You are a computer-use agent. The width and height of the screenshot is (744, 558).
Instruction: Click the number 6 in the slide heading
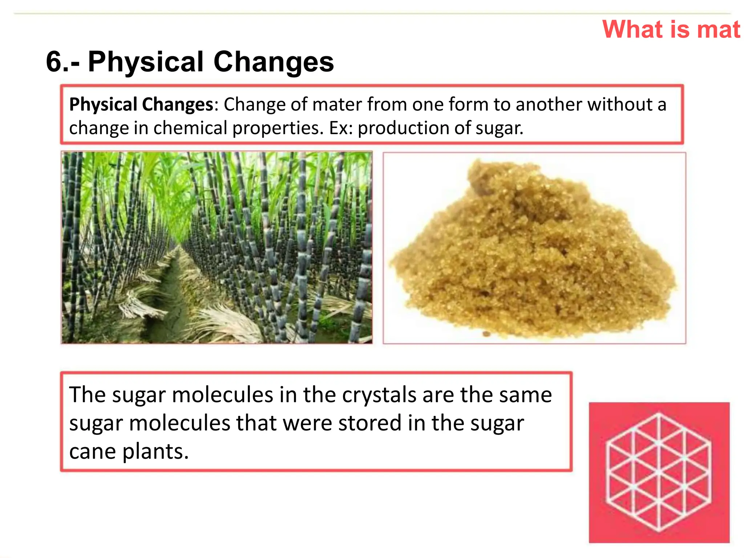point(54,62)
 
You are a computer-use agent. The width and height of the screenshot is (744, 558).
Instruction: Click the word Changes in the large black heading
point(273,62)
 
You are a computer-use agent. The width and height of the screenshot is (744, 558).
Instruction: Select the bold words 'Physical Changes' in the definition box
point(141,105)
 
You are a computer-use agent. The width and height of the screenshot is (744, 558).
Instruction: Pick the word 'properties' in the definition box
point(278,128)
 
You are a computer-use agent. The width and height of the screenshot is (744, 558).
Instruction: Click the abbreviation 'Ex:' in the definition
point(341,128)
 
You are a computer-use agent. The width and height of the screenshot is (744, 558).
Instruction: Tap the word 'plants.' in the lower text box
point(155,452)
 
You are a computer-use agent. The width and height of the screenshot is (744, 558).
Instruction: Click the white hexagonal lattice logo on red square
point(659,472)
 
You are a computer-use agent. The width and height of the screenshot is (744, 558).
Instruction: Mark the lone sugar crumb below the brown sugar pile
point(485,334)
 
